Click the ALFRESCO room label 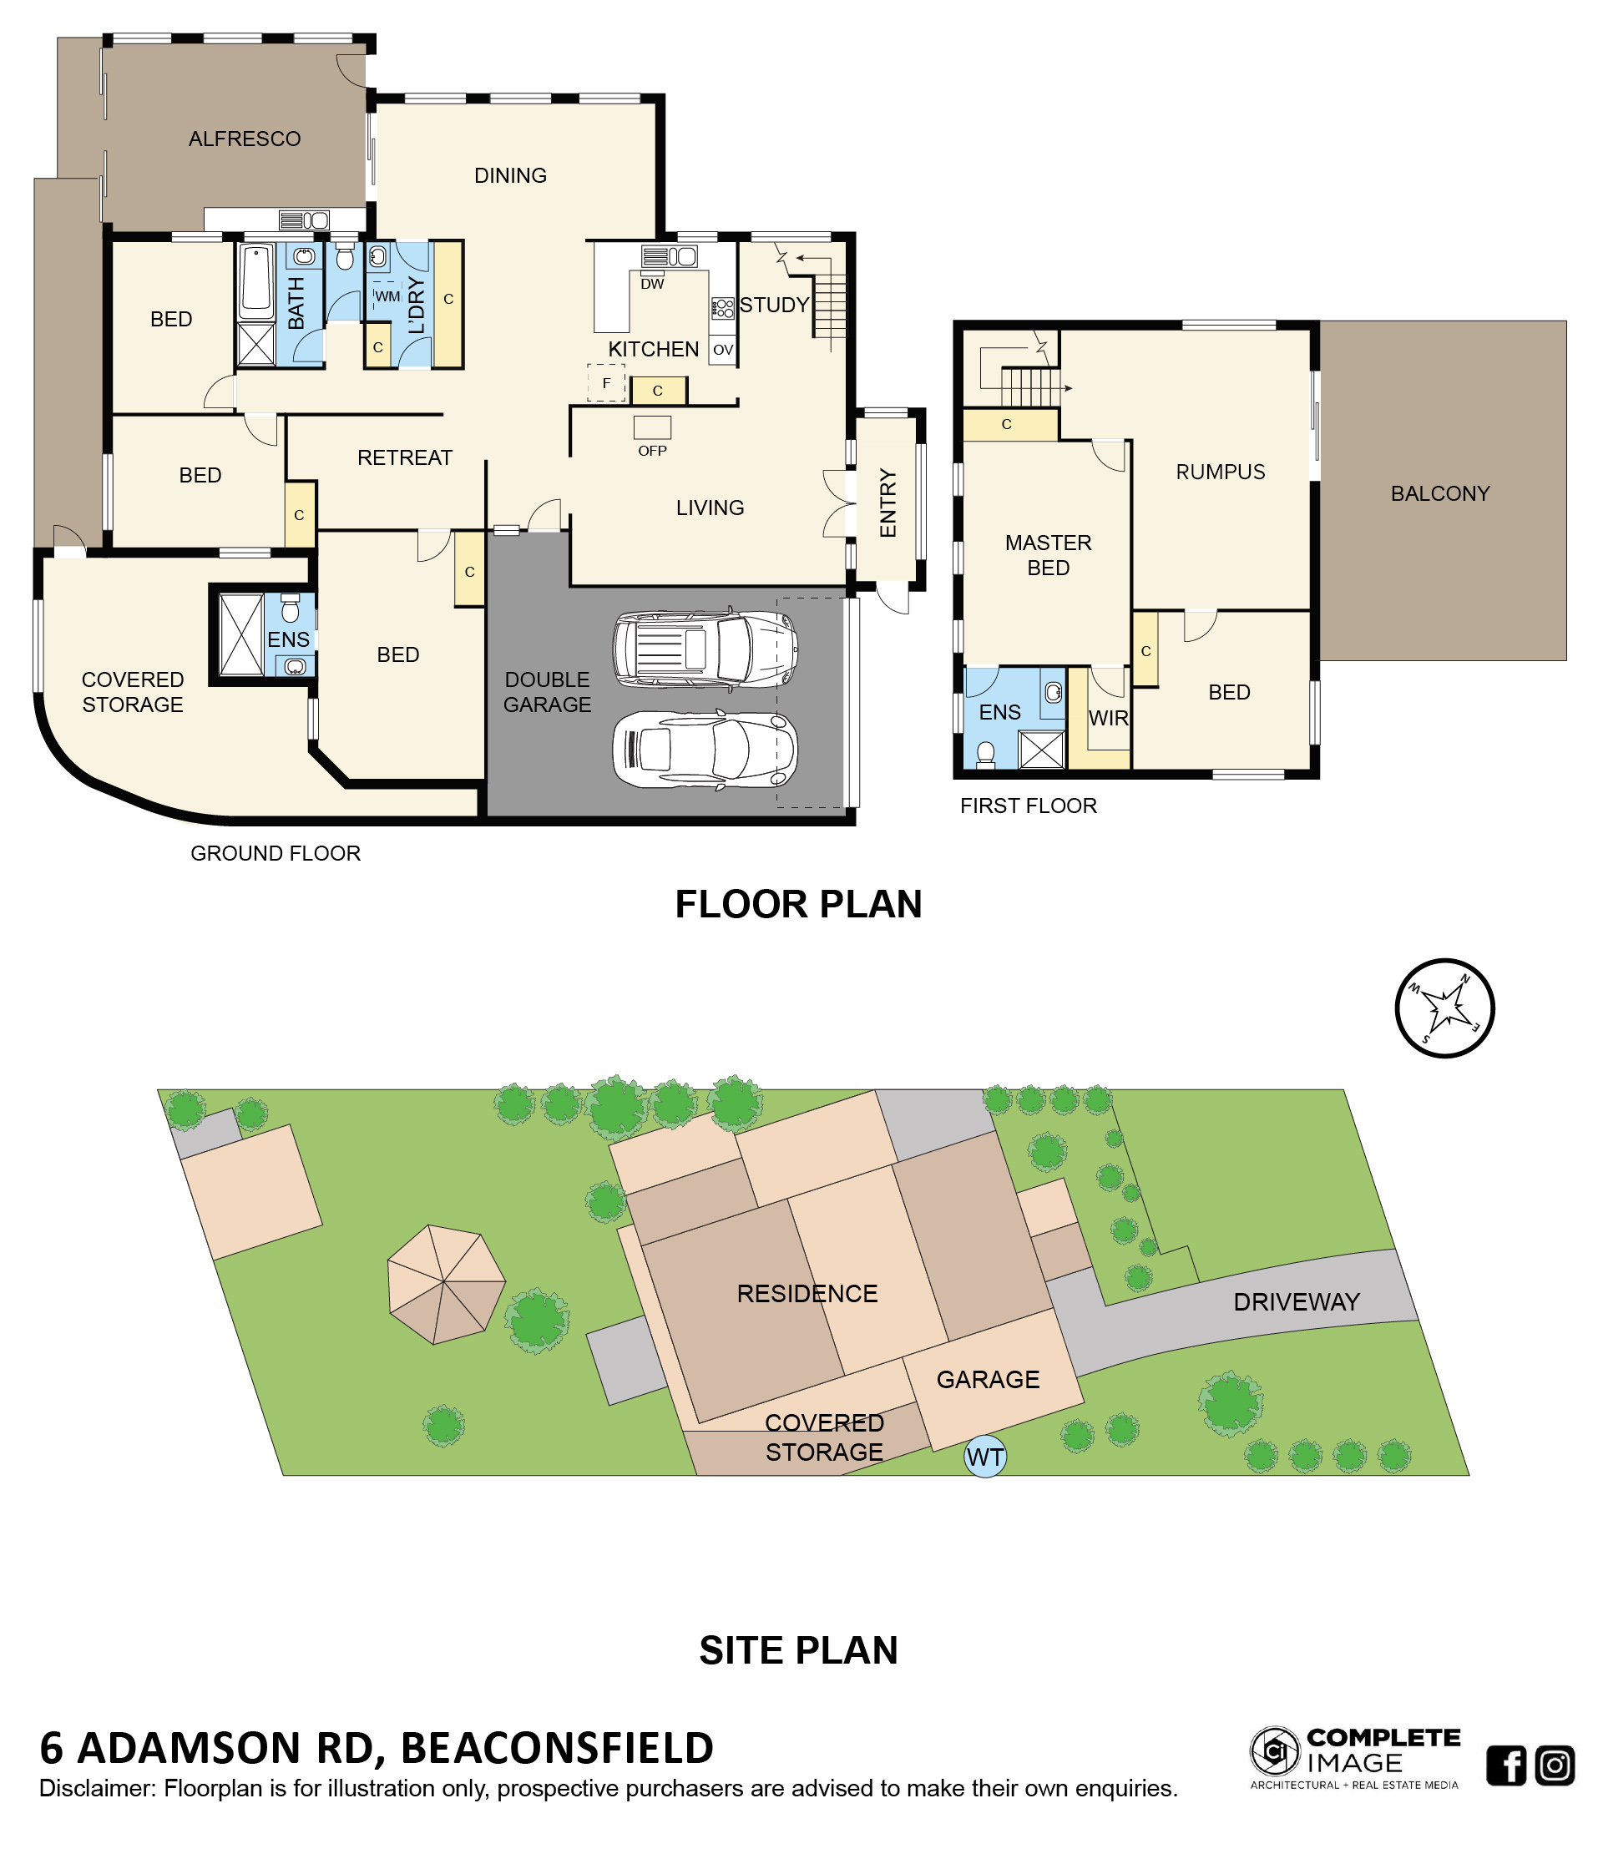point(244,139)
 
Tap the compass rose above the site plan point(1444,1008)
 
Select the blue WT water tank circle point(985,1456)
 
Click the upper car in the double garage point(705,648)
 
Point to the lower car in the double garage point(705,750)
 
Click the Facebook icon point(1506,1765)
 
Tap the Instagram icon point(1555,1765)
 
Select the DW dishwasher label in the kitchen point(652,284)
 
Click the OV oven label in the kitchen point(722,350)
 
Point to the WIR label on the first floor point(1108,718)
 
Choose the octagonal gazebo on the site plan point(447,1285)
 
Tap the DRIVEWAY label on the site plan point(1296,1302)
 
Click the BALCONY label point(1439,494)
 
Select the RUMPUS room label point(1220,472)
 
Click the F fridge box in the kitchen point(606,382)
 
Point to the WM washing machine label point(387,296)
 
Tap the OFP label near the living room point(652,451)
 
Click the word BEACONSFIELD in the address point(557,1748)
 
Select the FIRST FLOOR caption point(1029,806)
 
